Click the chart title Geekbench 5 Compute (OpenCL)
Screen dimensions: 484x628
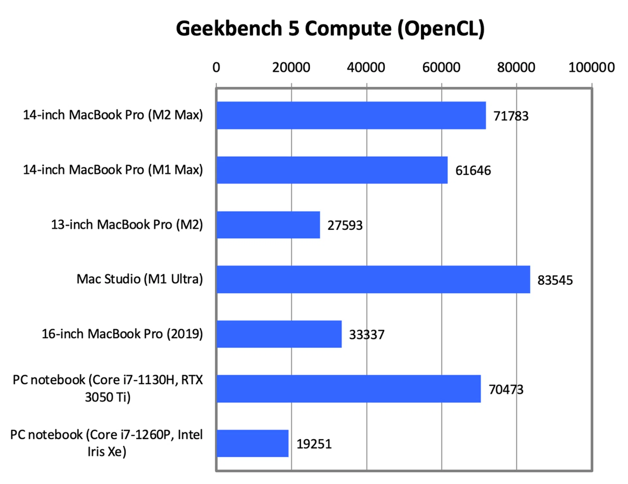pyautogui.click(x=330, y=29)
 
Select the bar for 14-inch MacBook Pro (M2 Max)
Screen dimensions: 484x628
pyautogui.click(x=351, y=115)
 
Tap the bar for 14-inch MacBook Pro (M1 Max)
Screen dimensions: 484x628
pyautogui.click(x=332, y=170)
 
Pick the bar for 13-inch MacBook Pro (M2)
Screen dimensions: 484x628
pyautogui.click(x=268, y=225)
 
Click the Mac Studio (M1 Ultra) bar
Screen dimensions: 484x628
pyautogui.click(x=373, y=279)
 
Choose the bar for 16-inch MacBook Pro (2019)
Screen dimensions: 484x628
pyautogui.click(x=279, y=334)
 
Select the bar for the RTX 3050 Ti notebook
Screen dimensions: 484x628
pyautogui.click(x=349, y=389)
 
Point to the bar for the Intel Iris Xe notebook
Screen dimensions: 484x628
pyautogui.click(x=253, y=443)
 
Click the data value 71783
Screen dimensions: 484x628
pyautogui.click(x=511, y=116)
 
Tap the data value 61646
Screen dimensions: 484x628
pyautogui.click(x=473, y=171)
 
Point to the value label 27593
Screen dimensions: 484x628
pyautogui.click(x=345, y=225)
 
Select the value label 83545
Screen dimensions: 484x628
pyautogui.click(x=555, y=280)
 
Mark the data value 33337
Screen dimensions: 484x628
pyautogui.click(x=367, y=335)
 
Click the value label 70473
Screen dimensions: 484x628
pyautogui.click(x=506, y=389)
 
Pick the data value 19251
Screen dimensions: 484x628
pyautogui.click(x=314, y=444)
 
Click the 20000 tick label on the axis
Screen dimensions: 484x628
pyautogui.click(x=291, y=67)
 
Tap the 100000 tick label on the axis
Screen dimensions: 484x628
pyautogui.click(x=591, y=67)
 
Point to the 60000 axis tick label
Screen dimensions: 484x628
pyautogui.click(x=441, y=67)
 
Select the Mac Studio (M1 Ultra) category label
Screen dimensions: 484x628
pyautogui.click(x=140, y=279)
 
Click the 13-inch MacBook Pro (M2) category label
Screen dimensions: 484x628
pyautogui.click(x=127, y=225)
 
